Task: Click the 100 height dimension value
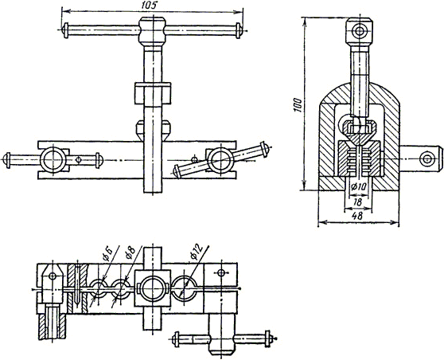point(298,105)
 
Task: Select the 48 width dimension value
point(358,216)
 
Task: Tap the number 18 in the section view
point(357,202)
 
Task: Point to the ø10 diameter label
point(358,186)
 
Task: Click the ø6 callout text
point(108,254)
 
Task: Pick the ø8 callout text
point(130,252)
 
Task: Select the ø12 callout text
point(197,251)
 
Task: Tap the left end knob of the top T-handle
point(66,30)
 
